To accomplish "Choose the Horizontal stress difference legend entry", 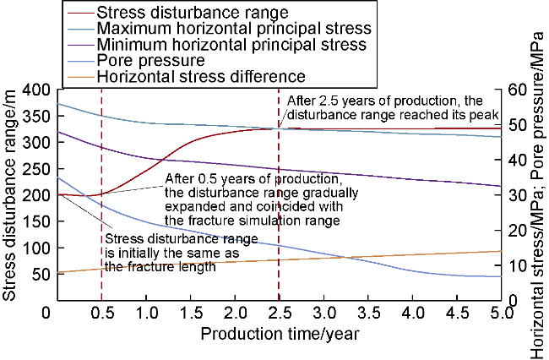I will (200, 76).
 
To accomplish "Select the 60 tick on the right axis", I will (515, 90).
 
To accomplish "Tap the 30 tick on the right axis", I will (515, 195).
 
